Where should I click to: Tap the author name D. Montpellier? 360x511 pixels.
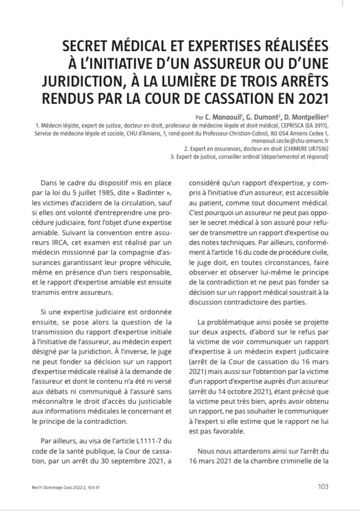coord(303,117)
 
